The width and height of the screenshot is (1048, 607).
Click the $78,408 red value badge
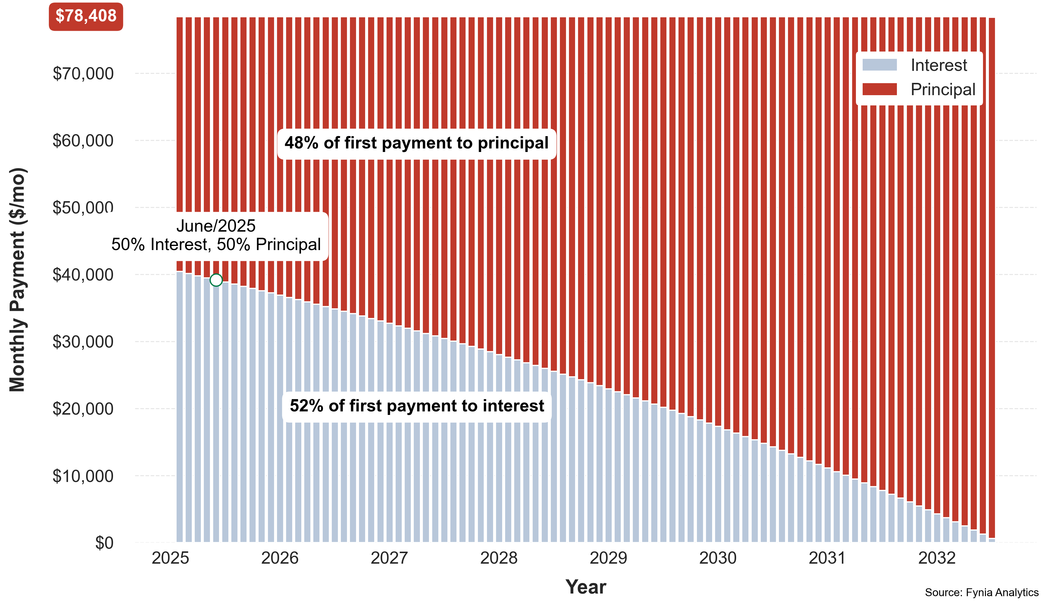(x=86, y=16)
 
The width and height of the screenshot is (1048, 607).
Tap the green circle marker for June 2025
(x=216, y=280)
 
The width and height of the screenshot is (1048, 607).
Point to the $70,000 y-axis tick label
(x=83, y=73)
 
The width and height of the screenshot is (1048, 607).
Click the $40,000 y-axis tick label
(x=83, y=275)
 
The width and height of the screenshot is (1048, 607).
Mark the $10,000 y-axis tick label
(x=83, y=476)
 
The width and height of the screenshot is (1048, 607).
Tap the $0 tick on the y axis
(x=104, y=543)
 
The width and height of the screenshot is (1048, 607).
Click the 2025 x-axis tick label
(x=170, y=558)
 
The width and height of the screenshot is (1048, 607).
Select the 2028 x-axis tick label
(x=499, y=558)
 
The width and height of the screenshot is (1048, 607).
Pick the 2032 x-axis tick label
(x=936, y=558)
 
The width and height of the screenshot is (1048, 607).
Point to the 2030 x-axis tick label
(x=718, y=558)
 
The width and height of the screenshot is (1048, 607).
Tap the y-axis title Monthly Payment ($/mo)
(x=18, y=279)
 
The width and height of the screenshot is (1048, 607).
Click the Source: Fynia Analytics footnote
(x=982, y=592)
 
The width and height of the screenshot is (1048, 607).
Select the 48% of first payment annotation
(x=416, y=143)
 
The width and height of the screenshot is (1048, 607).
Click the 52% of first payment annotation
(x=417, y=406)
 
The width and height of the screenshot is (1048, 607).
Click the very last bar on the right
(x=992, y=278)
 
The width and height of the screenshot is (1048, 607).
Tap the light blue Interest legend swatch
(x=879, y=65)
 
